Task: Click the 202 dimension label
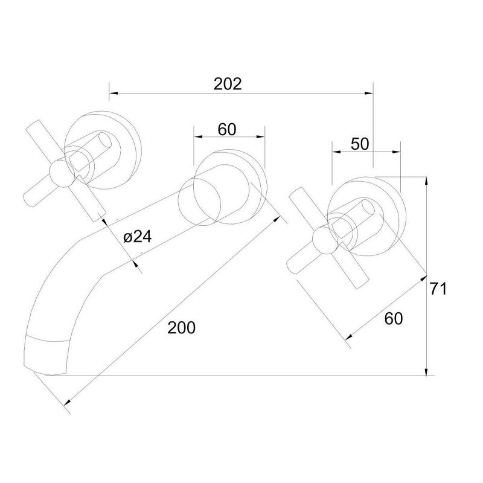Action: click(x=228, y=84)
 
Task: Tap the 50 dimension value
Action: click(x=359, y=144)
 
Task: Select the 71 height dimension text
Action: click(x=438, y=289)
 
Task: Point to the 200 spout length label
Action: click(x=182, y=327)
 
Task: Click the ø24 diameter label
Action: click(x=138, y=237)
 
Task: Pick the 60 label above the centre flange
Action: click(x=227, y=129)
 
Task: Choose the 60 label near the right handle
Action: click(x=394, y=318)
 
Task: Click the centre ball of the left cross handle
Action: click(x=62, y=173)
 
